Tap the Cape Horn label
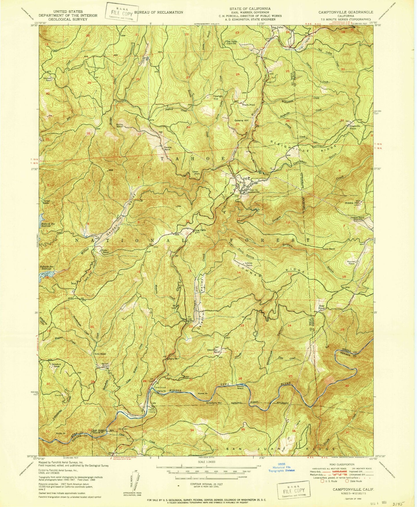pos(197,173)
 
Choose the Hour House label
pos(322,307)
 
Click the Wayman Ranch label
pos(351,262)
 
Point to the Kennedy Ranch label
pos(48,79)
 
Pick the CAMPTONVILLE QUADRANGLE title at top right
pos(345,12)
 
